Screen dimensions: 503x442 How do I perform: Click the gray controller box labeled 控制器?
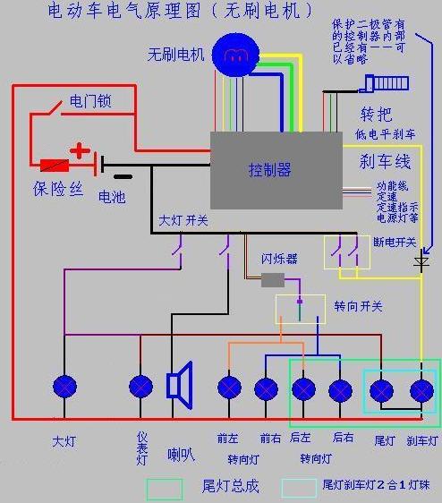pos(276,170)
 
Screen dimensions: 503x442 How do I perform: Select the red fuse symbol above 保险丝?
pos(55,166)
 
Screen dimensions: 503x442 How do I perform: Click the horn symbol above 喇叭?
pos(180,386)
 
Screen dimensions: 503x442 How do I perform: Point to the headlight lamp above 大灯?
pos(64,387)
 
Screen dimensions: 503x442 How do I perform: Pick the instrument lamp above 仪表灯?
pos(140,387)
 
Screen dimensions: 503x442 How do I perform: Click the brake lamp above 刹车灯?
pos(421,391)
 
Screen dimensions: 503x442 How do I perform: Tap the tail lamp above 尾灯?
pos(382,391)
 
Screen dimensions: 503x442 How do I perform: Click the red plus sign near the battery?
pos(81,149)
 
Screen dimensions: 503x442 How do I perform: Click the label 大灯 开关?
pos(183,220)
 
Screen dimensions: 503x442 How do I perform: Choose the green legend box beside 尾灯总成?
pos(165,487)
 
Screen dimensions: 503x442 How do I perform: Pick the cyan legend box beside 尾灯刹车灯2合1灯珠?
pos(299,487)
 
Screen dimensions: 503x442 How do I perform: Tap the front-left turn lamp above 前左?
pos(229,388)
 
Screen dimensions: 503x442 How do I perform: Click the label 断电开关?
pos(394,242)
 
